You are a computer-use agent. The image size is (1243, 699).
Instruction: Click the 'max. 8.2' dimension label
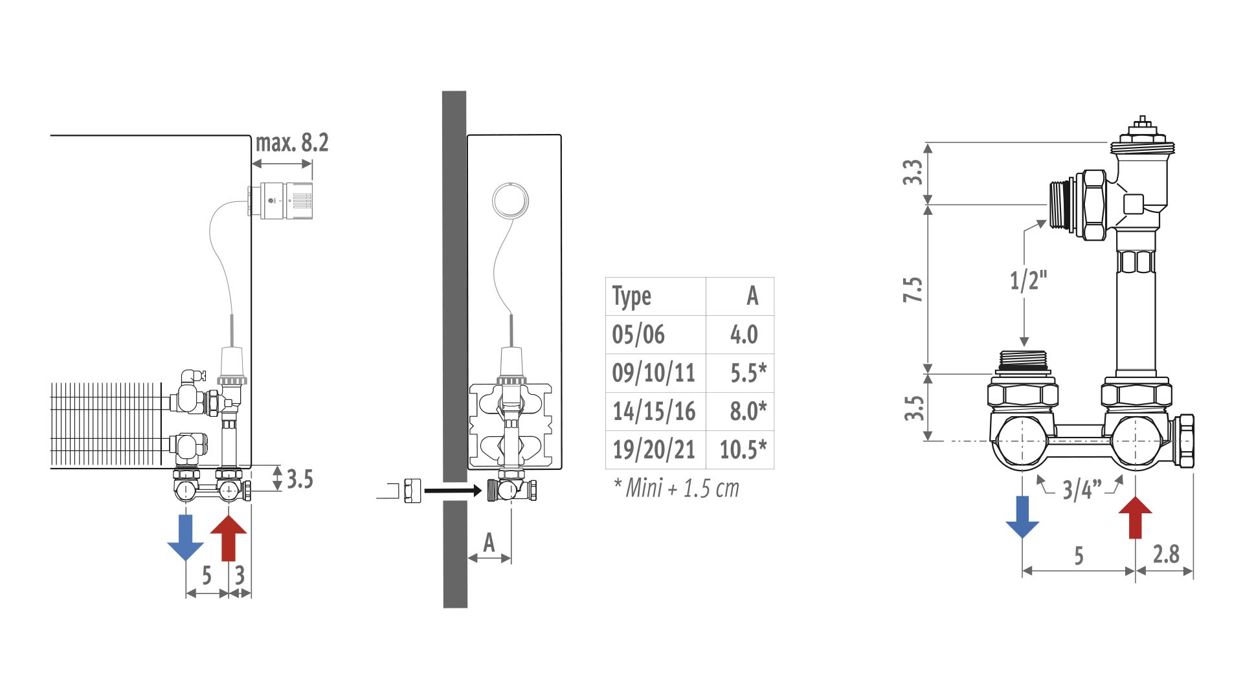[x=292, y=142]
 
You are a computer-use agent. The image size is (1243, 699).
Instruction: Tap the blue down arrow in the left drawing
[x=186, y=537]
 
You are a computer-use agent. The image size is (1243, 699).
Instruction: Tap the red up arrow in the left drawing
[x=229, y=537]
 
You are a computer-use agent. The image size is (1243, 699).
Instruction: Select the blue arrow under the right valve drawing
[x=1022, y=517]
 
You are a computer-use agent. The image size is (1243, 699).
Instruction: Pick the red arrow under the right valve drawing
[x=1136, y=517]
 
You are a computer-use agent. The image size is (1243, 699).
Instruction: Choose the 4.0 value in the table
[x=744, y=335]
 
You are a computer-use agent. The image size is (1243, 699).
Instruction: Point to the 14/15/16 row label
[x=654, y=412]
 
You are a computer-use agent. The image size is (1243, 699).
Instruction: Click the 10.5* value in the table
[x=743, y=450]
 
